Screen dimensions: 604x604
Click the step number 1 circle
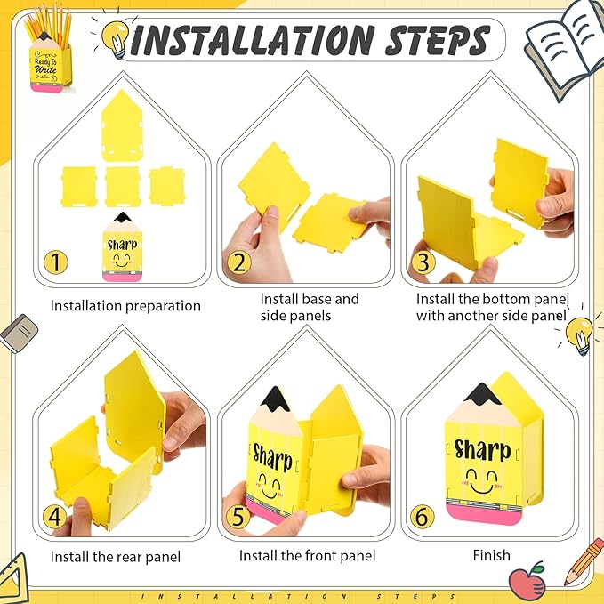(56, 262)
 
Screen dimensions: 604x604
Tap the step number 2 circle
(239, 262)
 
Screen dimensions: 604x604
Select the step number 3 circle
(423, 262)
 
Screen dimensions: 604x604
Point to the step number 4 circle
(54, 516)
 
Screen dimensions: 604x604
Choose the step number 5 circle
(238, 516)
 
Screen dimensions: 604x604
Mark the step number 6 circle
(423, 516)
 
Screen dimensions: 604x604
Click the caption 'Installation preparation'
(125, 306)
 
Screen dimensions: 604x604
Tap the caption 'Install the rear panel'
(116, 557)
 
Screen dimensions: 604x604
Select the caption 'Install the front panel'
(308, 555)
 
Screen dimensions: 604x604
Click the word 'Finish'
(492, 555)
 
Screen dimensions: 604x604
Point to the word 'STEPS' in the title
(438, 40)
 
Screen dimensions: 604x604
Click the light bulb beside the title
(116, 38)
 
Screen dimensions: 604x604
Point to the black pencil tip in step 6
(482, 394)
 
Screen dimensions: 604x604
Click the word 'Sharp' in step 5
(272, 457)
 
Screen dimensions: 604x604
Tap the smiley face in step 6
(482, 481)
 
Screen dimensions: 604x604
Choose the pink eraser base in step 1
(122, 276)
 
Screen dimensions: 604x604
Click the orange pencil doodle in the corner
(584, 561)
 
